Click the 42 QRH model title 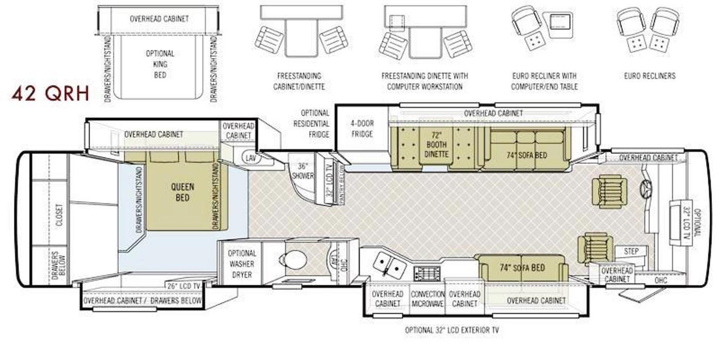[50, 94]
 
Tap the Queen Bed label [182, 192]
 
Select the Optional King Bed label [160, 64]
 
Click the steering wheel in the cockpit [645, 187]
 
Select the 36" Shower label [302, 171]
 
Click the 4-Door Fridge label [362, 129]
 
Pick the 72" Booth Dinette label [436, 145]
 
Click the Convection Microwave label [427, 299]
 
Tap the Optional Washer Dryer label [242, 264]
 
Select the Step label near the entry [631, 251]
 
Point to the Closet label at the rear [60, 215]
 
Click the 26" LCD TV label [184, 286]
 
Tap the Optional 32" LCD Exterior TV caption [452, 330]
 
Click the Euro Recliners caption [650, 76]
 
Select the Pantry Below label [341, 184]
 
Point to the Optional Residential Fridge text [311, 124]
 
